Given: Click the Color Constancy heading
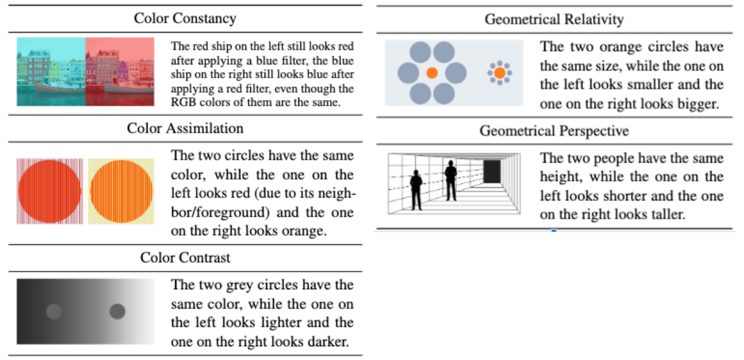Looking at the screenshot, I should click(x=185, y=18).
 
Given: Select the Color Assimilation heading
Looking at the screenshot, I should click(x=185, y=128).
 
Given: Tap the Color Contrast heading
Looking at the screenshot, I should click(x=185, y=257).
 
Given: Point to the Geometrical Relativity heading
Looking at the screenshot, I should click(x=554, y=19).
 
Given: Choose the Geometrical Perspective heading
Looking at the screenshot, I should click(x=554, y=131).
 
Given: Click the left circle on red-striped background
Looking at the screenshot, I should click(x=49, y=192).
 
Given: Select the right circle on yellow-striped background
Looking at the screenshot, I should click(x=121, y=192).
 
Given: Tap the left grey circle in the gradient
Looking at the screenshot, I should click(x=54, y=311).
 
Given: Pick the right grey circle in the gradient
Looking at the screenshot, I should click(x=117, y=311).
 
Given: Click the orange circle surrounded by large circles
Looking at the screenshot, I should click(x=432, y=73).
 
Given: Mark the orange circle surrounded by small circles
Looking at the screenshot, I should click(x=499, y=73).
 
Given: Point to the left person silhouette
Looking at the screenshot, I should click(x=415, y=190).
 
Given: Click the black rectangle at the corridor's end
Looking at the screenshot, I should click(x=492, y=171).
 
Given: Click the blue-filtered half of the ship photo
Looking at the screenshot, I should click(x=51, y=71).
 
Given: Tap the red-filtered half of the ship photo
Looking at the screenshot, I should click(x=119, y=71).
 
